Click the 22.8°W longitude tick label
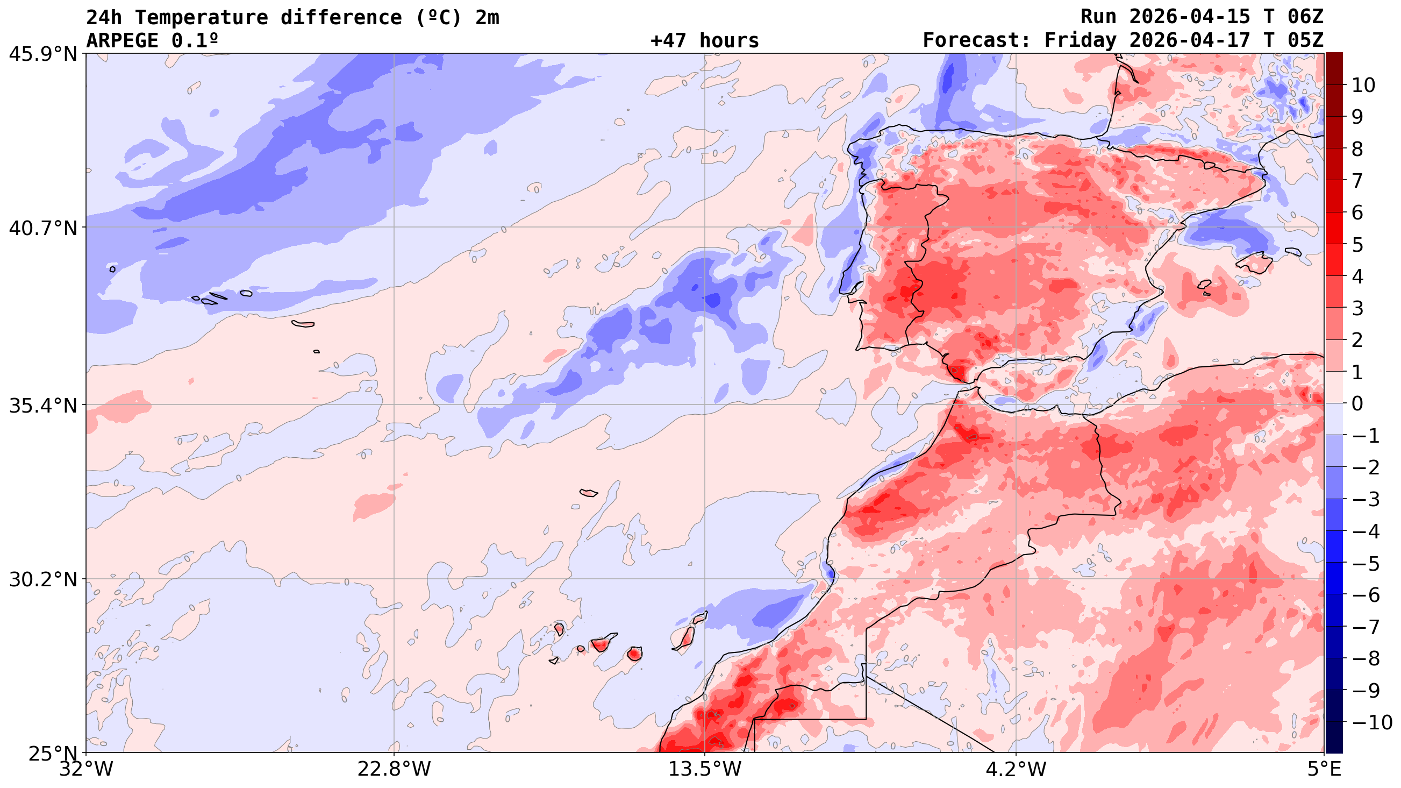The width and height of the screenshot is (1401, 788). coord(394,769)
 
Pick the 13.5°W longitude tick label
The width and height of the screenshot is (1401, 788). coord(705,769)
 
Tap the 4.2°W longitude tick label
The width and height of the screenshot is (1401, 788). coord(1016,769)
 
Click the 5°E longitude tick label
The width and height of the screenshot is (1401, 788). coord(1323,769)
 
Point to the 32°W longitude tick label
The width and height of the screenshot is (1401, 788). coord(86,769)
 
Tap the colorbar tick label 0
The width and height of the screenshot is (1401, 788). coord(1357,404)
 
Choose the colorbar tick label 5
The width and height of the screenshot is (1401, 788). coord(1357,245)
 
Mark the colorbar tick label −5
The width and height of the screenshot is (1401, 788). coord(1366,563)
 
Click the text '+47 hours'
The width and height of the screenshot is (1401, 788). coord(704,41)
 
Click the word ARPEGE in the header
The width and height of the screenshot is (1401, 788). coord(123,41)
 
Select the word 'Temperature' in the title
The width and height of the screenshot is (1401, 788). coord(201,17)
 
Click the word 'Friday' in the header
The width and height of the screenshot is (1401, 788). coord(1080,41)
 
